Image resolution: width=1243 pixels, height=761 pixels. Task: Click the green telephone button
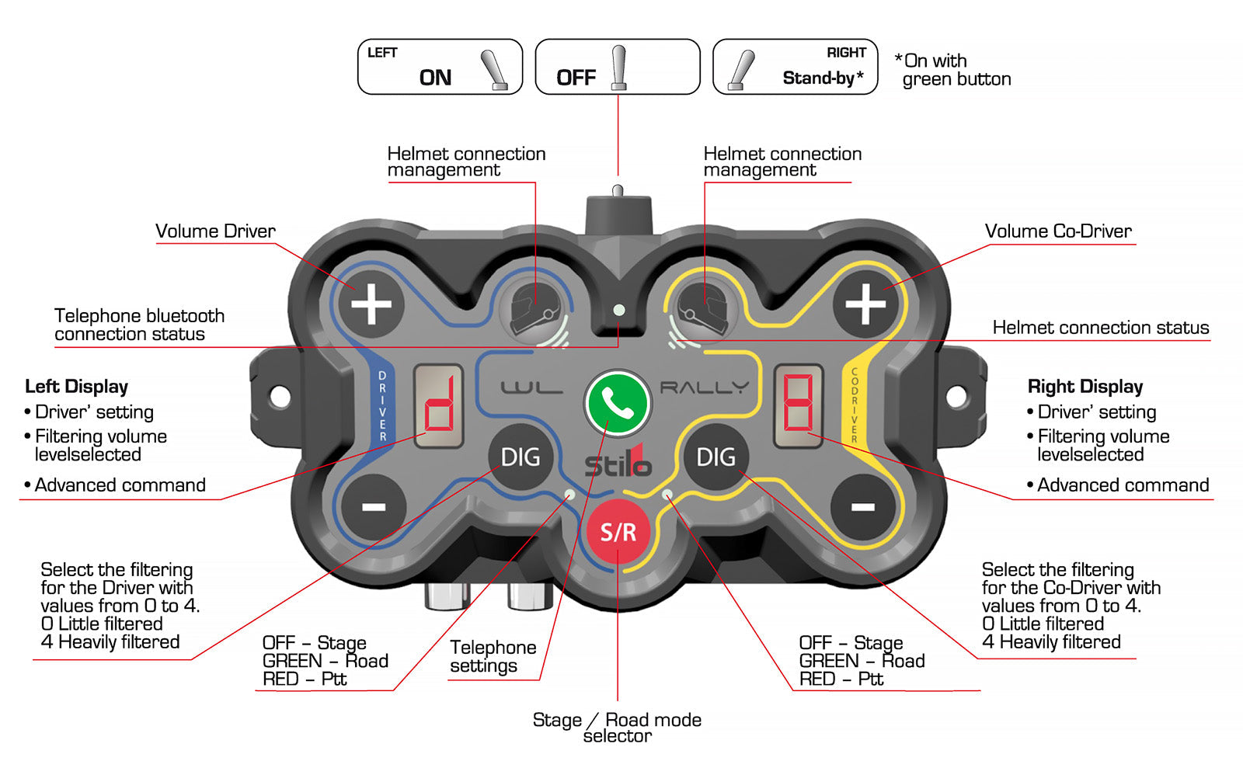tap(618, 403)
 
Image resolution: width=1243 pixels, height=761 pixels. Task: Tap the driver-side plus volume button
tap(371, 304)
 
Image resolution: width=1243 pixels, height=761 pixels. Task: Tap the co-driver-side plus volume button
tap(865, 304)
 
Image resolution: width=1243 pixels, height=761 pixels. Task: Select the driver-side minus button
tap(374, 507)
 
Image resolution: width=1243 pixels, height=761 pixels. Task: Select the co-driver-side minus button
tap(863, 507)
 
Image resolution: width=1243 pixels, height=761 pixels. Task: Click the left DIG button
tap(521, 457)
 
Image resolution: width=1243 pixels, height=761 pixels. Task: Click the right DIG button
tap(716, 457)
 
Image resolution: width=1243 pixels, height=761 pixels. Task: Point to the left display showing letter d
tap(438, 406)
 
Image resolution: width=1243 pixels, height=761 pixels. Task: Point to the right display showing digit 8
tap(799, 406)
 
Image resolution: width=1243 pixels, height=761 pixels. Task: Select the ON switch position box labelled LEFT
tap(440, 67)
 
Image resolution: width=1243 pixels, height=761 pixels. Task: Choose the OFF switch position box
tap(618, 67)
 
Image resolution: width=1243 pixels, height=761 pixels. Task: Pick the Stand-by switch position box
tap(796, 67)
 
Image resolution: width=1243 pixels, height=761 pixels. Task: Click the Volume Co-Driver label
tap(1058, 231)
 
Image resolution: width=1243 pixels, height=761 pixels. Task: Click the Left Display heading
tap(77, 386)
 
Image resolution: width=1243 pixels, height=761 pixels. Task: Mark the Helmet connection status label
tap(1101, 327)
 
